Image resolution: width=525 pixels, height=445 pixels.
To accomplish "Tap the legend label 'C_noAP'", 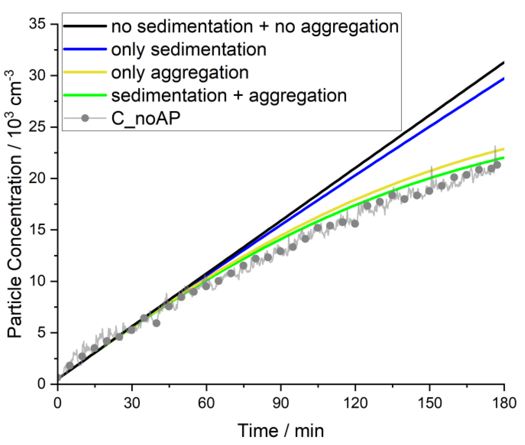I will coord(146,118).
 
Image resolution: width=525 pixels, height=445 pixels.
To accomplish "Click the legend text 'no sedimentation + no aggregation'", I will coord(255,26).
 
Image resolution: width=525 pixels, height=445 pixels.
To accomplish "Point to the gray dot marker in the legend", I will coord(85,118).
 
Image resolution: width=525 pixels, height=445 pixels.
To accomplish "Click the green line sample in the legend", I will coord(85,95).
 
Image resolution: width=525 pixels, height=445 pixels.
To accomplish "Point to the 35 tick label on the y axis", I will coord(37,24).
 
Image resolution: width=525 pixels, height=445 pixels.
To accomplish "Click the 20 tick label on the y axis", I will coord(37,178).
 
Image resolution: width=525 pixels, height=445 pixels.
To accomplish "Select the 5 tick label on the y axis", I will coord(41,333).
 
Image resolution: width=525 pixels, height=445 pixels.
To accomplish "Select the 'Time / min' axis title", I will coord(280,431).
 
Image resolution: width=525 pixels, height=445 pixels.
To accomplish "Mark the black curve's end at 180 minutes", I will coord(503,63).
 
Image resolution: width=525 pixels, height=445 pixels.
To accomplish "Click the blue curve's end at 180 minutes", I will coord(503,79).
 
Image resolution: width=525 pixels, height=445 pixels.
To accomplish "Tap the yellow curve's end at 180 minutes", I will coord(503,149).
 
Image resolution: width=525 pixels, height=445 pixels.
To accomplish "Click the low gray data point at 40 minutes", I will coord(157,323).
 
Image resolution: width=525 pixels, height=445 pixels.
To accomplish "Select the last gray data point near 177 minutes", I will coord(497,165).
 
